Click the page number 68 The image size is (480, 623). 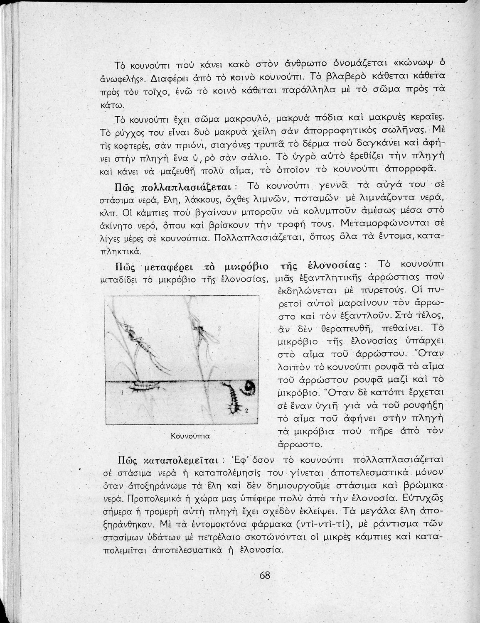pyautogui.click(x=265, y=576)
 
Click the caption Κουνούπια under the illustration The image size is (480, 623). pyautogui.click(x=190, y=436)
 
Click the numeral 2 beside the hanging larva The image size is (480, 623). pyautogui.click(x=246, y=411)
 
